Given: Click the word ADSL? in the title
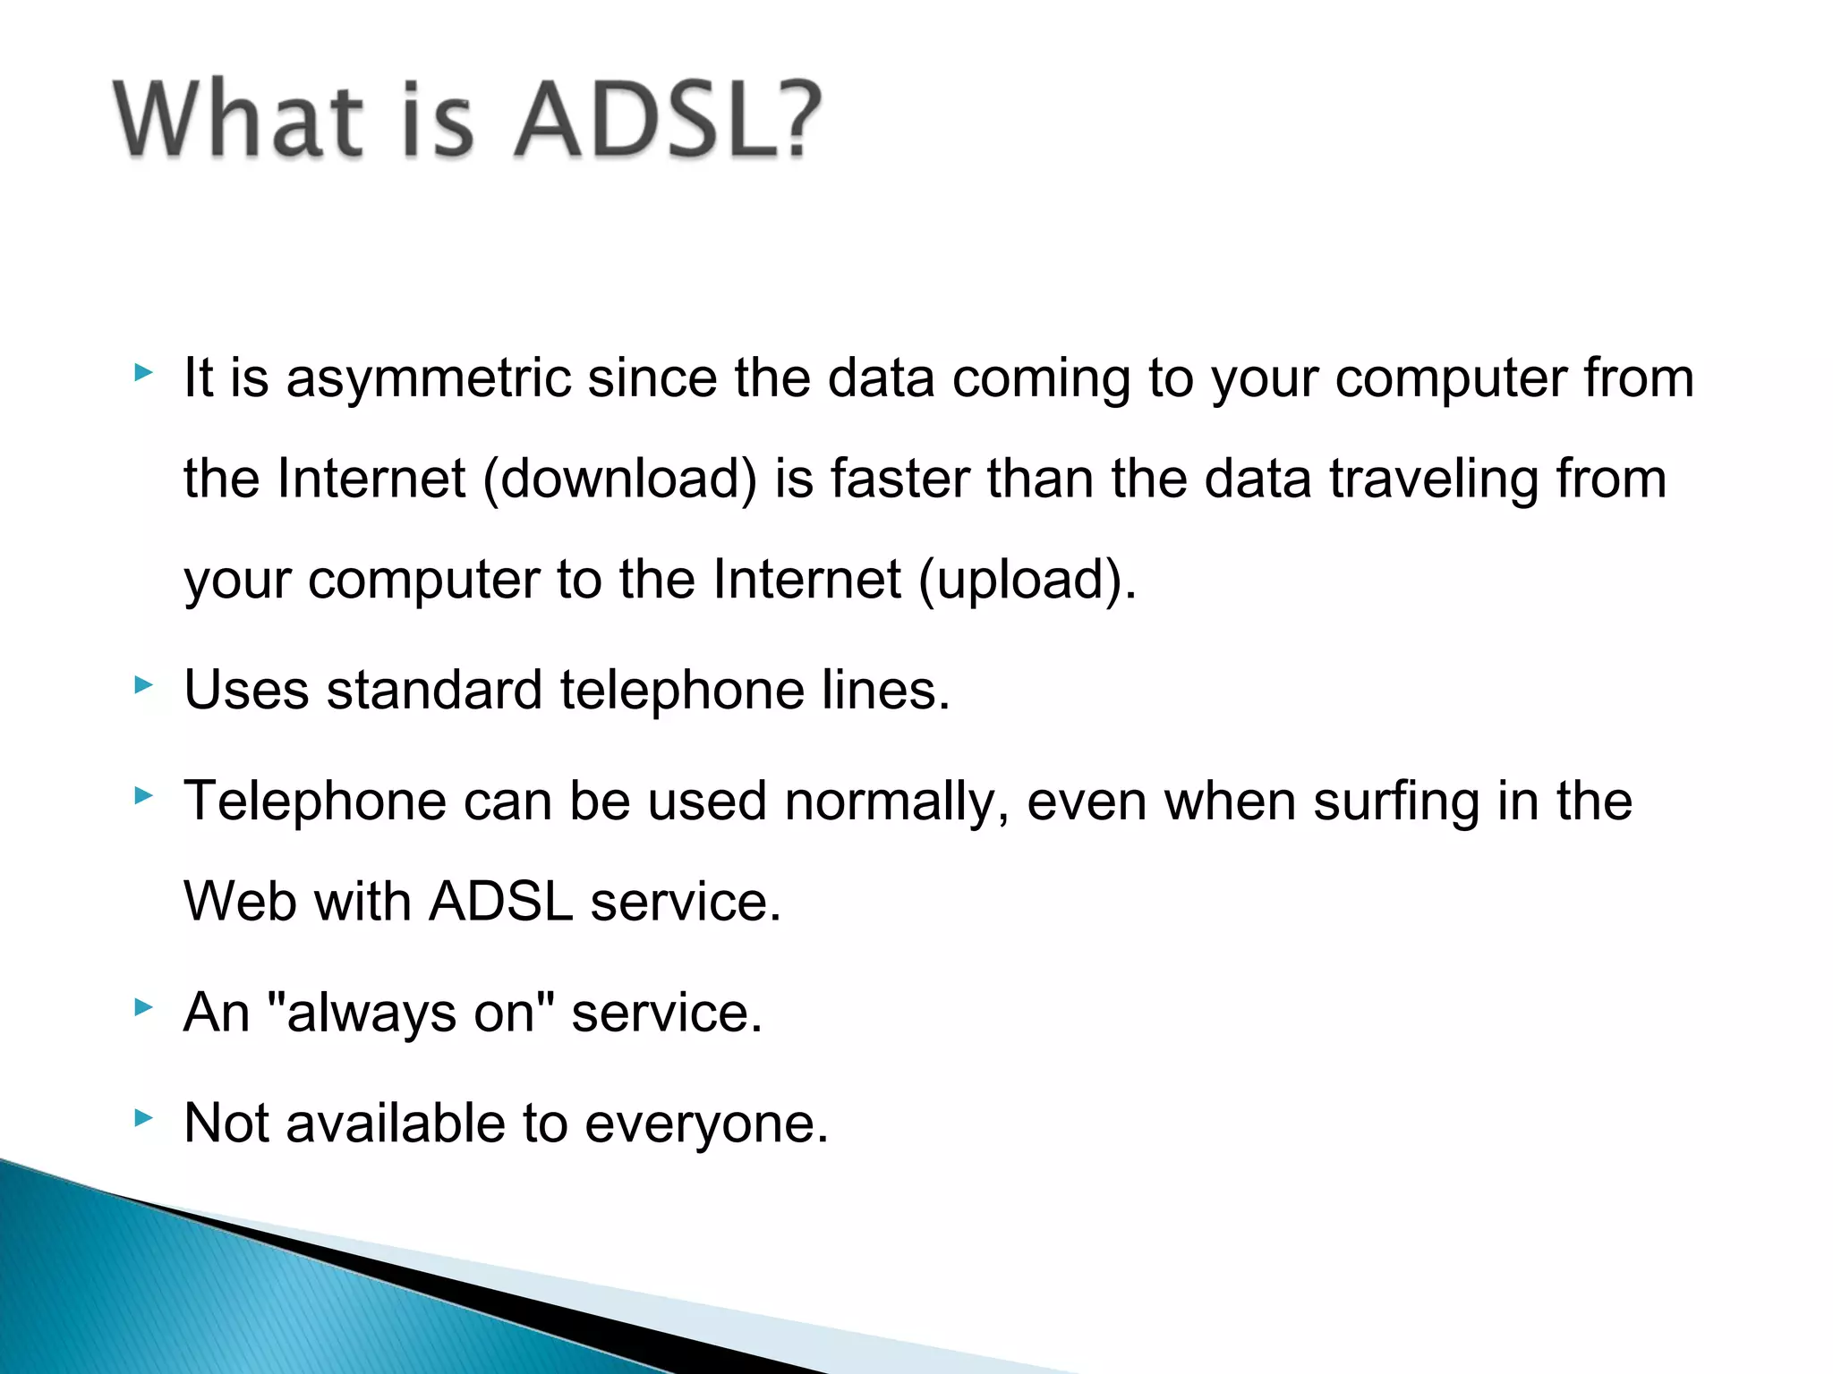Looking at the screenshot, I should pos(667,120).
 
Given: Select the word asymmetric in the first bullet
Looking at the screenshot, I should pos(428,378).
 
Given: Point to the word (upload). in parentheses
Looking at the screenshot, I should pos(1027,580).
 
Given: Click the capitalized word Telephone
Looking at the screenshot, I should pos(315,801).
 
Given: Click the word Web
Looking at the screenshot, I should pos(240,902).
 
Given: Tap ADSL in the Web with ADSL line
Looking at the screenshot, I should pos(500,902).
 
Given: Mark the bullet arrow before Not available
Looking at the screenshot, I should pos(143,1116).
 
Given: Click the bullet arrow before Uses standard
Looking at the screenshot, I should pos(143,685).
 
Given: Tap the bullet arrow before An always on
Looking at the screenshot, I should pos(143,1007).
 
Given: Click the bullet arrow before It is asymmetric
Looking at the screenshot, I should pos(143,372).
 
